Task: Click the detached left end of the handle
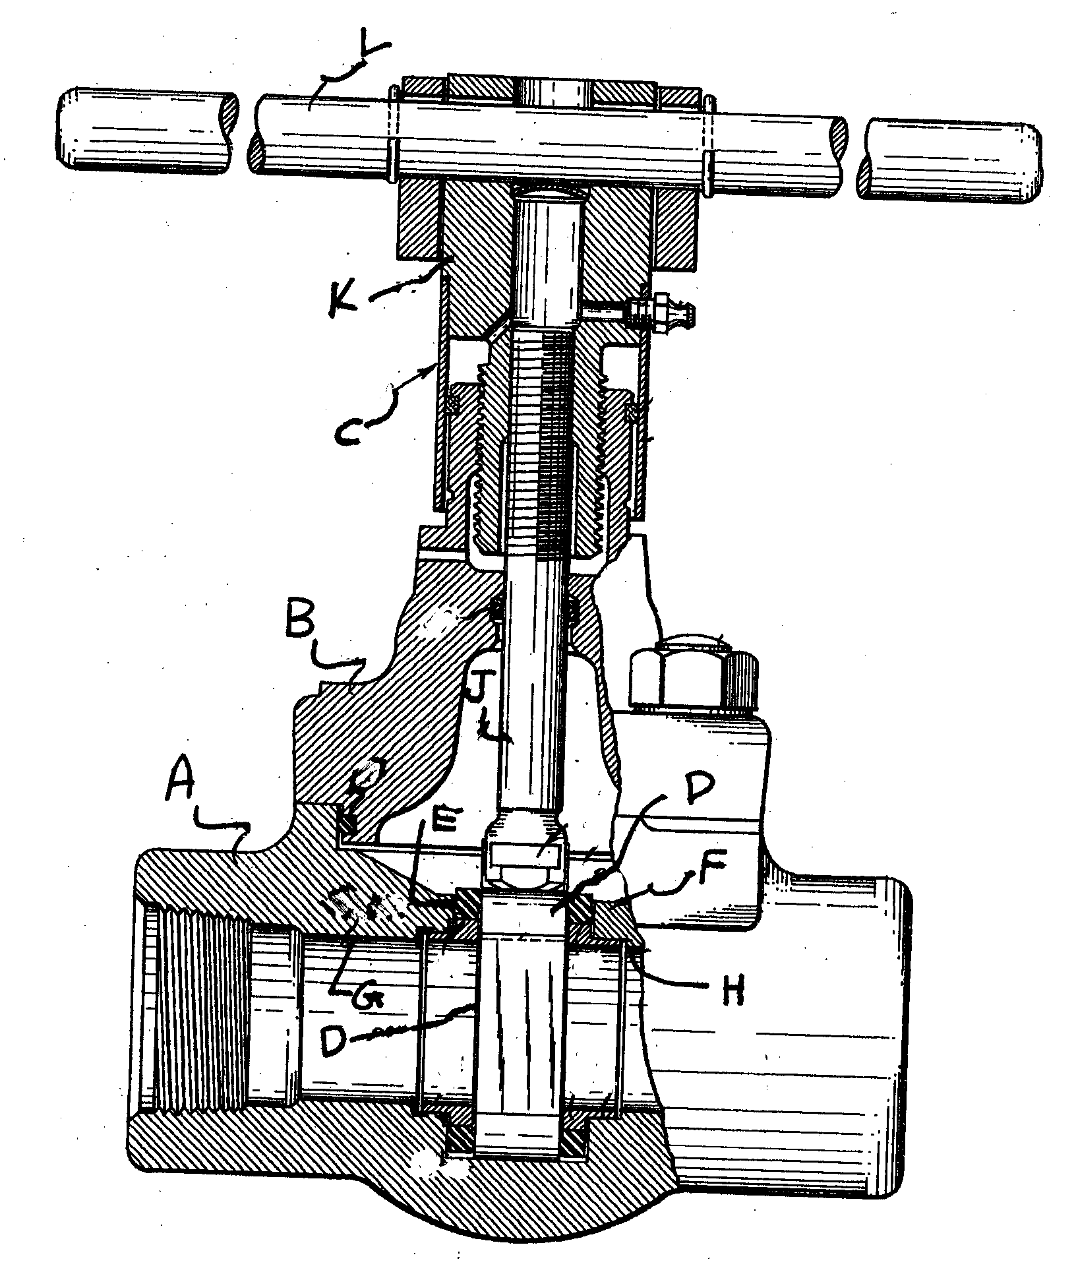click(x=145, y=132)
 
